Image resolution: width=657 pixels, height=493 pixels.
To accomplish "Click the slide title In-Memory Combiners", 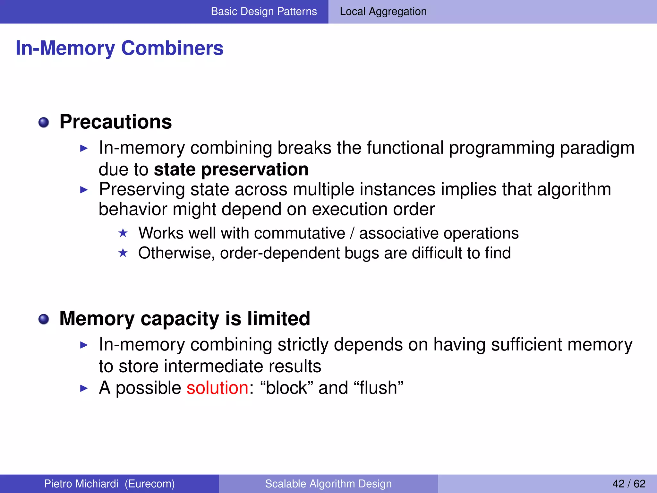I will coord(119,48).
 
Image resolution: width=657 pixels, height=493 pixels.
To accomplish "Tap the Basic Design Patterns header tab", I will coord(264,12).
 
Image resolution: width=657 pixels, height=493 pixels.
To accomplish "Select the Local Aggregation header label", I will coord(383,12).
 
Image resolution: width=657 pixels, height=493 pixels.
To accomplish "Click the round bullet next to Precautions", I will coord(44,122).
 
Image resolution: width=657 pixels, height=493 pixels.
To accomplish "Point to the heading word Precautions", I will coord(115,122).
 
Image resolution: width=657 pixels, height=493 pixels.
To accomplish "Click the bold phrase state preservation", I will coord(231,169).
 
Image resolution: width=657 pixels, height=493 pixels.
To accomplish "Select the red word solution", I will coord(218,388).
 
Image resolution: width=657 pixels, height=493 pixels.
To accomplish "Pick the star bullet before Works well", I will coord(123,233).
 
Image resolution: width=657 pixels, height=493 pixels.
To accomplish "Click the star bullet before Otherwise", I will coord(123,253).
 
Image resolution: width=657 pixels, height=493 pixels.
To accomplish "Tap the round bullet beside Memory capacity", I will coord(44,319).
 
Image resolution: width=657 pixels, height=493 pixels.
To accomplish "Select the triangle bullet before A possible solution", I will coord(84,388).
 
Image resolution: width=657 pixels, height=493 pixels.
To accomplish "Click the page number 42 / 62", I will coord(628,484).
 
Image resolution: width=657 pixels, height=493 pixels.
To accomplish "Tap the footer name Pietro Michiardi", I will coord(81,484).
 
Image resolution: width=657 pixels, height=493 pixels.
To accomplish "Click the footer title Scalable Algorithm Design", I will coord(328,484).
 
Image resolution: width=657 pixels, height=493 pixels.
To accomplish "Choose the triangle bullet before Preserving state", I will coord(84,190).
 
